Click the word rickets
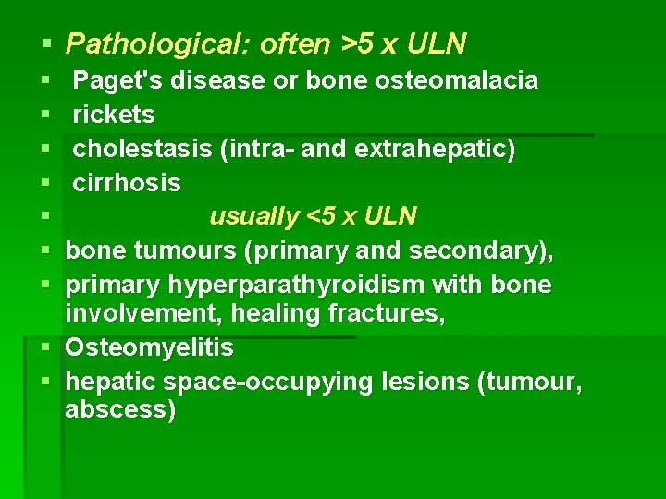[114, 116]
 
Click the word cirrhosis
[127, 183]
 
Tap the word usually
[253, 216]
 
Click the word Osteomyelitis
[150, 348]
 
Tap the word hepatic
[109, 382]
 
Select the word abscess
[120, 410]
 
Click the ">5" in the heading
[357, 43]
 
